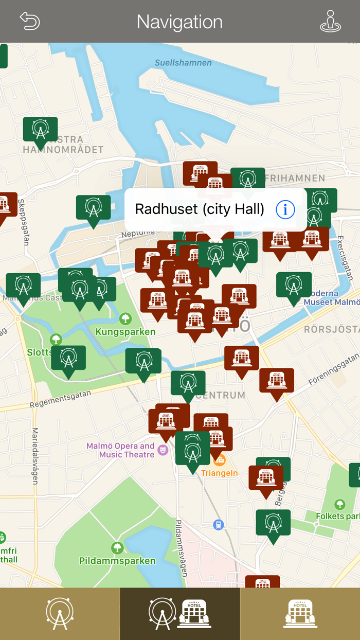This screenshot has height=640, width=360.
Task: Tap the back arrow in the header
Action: pyautogui.click(x=30, y=21)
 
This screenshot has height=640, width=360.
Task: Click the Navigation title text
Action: pyautogui.click(x=179, y=22)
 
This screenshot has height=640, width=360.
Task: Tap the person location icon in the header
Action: pyautogui.click(x=330, y=21)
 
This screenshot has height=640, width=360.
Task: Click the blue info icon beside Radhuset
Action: pyautogui.click(x=285, y=209)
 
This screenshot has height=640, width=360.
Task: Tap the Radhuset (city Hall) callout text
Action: pyautogui.click(x=200, y=209)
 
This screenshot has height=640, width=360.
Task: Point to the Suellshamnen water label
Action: pyautogui.click(x=183, y=63)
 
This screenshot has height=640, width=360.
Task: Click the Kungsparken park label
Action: pyautogui.click(x=125, y=332)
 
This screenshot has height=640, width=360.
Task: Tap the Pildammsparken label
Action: pyautogui.click(x=117, y=560)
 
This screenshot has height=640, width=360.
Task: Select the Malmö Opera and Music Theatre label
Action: pyautogui.click(x=120, y=450)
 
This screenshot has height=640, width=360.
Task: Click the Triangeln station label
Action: pyautogui.click(x=219, y=473)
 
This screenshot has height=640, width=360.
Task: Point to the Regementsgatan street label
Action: pyautogui.click(x=60, y=399)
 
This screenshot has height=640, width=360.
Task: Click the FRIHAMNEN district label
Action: pyautogui.click(x=295, y=179)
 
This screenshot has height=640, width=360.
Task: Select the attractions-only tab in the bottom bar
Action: pyautogui.click(x=60, y=614)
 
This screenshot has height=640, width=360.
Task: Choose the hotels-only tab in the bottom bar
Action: pyautogui.click(x=300, y=614)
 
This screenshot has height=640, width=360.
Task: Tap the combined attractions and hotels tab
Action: pyautogui.click(x=179, y=614)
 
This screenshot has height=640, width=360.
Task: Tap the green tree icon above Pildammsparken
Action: pyautogui.click(x=117, y=547)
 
